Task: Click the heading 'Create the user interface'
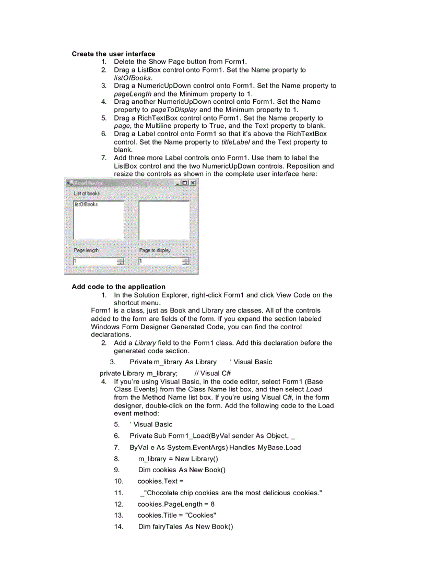(x=113, y=54)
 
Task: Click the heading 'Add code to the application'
(x=119, y=286)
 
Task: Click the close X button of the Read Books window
(x=193, y=183)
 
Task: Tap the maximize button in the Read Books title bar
(x=185, y=183)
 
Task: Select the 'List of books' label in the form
(x=87, y=193)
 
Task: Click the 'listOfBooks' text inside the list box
(x=86, y=204)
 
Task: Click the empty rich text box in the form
(x=163, y=220)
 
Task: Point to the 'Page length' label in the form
(x=86, y=250)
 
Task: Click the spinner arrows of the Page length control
(x=121, y=261)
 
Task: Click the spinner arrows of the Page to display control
(x=185, y=261)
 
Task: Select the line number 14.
(x=119, y=527)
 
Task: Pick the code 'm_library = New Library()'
(x=178, y=459)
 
